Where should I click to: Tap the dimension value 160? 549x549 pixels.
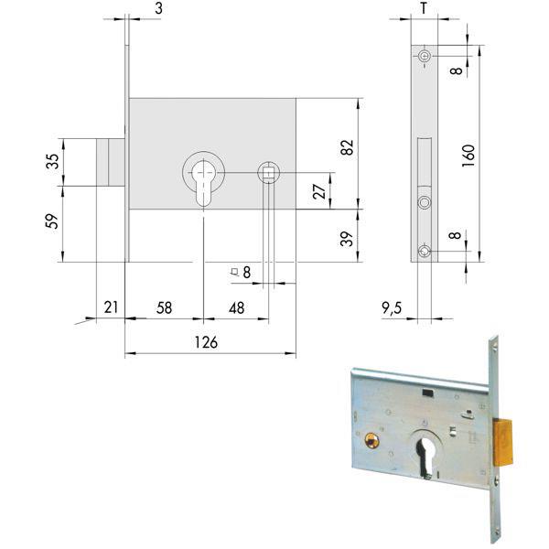pos(468,156)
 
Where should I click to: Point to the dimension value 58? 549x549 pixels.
pos(165,308)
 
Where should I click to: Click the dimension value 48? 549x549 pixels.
pos(235,308)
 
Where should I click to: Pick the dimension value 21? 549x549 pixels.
pos(111,308)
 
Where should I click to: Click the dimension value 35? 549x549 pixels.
pos(53,161)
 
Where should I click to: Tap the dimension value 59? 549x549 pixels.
pos(53,221)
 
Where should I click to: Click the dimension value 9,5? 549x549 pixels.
pos(393,308)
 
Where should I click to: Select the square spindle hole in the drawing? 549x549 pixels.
pos(268,172)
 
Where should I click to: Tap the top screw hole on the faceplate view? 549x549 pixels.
pos(423,57)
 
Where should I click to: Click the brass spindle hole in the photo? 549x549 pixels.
pos(371,440)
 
